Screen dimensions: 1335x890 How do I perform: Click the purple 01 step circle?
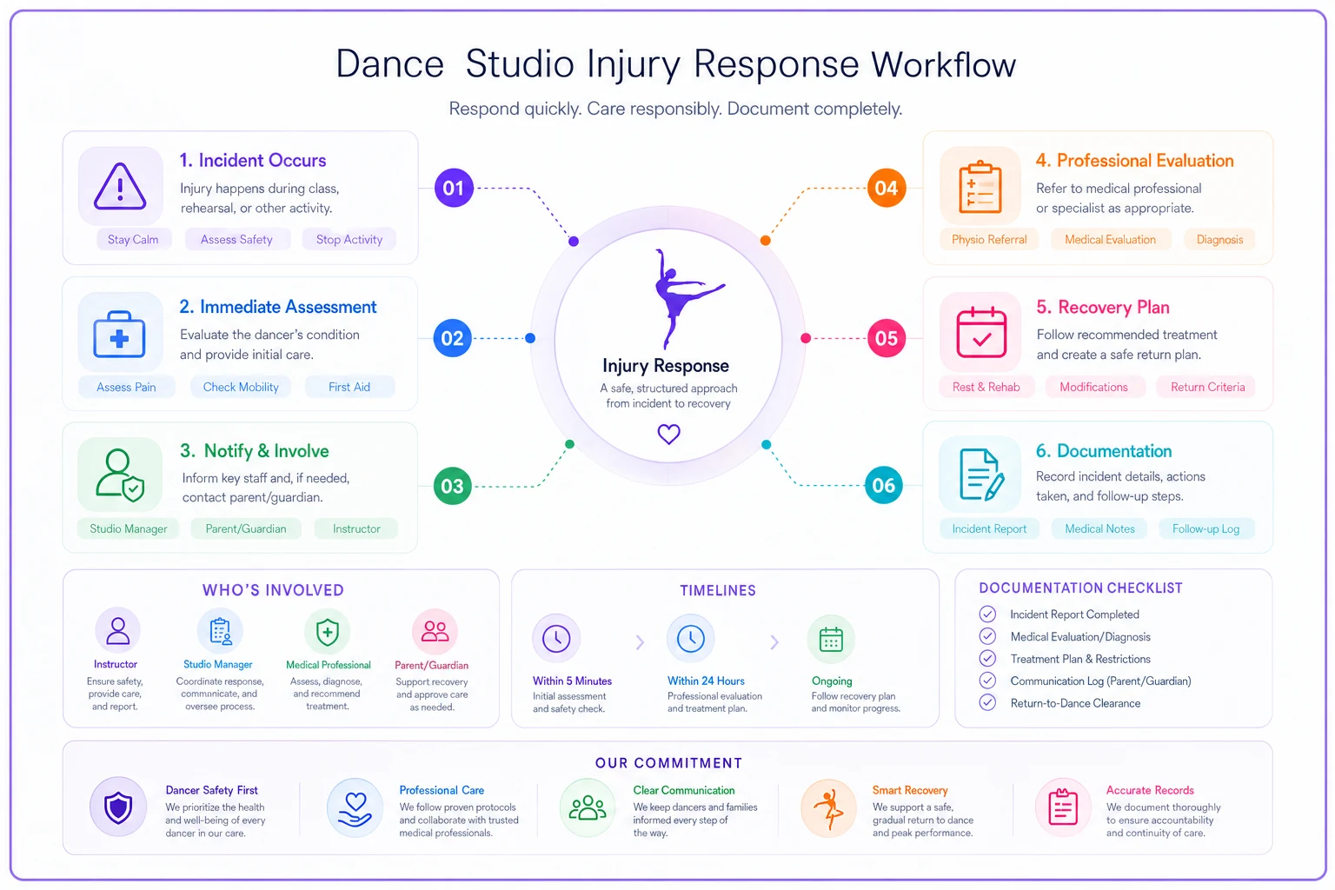[x=454, y=188]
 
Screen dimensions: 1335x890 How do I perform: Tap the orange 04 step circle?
[x=887, y=188]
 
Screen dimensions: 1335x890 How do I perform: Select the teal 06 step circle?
[x=883, y=485]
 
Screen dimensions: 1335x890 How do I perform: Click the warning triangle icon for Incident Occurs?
[x=120, y=186]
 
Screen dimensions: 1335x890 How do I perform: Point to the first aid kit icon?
[x=120, y=335]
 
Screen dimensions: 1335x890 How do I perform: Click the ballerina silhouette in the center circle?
[x=686, y=299]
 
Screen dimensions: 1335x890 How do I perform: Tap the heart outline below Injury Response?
[x=668, y=434]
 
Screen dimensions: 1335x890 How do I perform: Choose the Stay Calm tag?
[x=134, y=240]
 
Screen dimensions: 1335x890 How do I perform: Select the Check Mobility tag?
[x=241, y=387]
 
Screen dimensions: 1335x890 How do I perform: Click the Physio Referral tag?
[x=989, y=240]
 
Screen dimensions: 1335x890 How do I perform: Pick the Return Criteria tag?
[x=1207, y=387]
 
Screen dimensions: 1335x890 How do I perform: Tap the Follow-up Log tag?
[x=1205, y=528]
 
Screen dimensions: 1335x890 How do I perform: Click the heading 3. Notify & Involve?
[x=255, y=451]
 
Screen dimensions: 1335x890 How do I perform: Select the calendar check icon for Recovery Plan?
[x=981, y=333]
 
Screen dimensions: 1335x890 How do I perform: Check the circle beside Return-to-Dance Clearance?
[x=987, y=703]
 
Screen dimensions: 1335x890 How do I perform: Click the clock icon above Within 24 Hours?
[x=691, y=639]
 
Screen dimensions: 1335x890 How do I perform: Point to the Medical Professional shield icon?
[x=327, y=632]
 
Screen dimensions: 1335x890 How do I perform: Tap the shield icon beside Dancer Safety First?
[x=118, y=807]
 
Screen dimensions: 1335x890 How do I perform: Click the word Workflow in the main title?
[x=943, y=64]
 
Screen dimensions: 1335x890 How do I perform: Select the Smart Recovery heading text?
[x=910, y=790]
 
